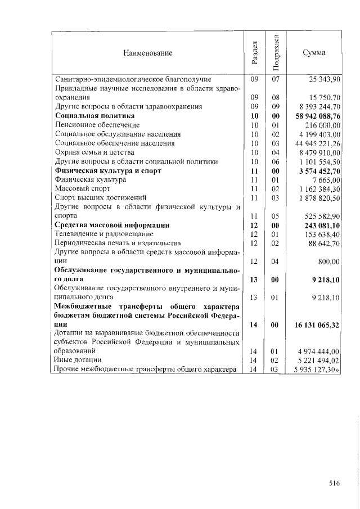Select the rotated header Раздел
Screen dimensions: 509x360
tap(255, 53)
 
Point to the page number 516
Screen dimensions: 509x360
tap(335, 482)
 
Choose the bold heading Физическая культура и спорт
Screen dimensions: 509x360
tap(107, 170)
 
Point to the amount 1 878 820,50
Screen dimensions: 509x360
tap(319, 197)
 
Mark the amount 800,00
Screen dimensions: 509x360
tap(328, 262)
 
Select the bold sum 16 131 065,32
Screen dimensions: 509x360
tap(316, 325)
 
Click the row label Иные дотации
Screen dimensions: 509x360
tap(78, 360)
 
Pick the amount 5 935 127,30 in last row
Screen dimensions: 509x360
tap(318, 370)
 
